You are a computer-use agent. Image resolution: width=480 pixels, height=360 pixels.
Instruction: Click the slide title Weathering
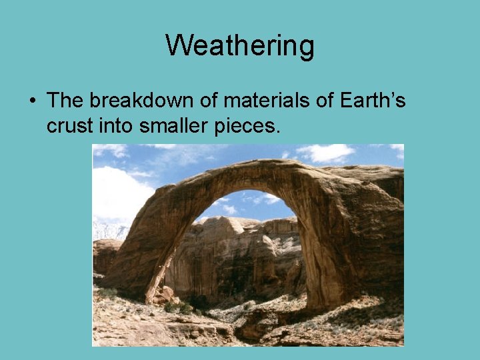[x=240, y=46]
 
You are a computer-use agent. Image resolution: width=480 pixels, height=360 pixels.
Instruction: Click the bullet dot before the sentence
[x=32, y=101]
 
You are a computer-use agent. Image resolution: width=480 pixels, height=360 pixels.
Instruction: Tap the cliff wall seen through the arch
[x=233, y=260]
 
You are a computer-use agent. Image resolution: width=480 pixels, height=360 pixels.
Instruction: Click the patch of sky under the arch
[x=247, y=203]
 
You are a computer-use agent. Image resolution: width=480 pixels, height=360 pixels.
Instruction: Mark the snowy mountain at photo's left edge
[x=107, y=230]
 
